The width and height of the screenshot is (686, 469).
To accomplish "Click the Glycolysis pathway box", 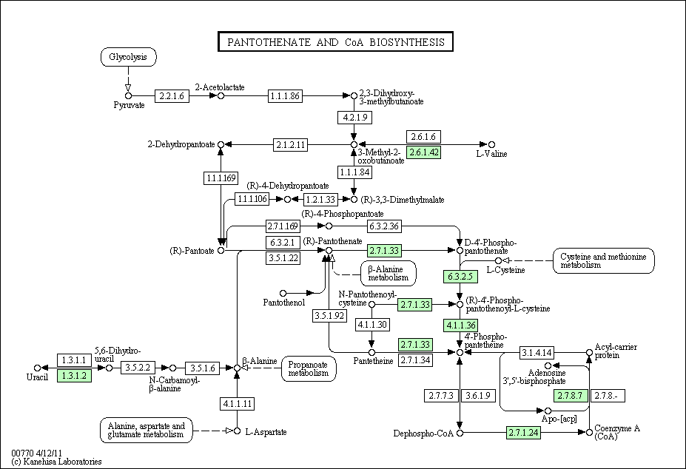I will [128, 57].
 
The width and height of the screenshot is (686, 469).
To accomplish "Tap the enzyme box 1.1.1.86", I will [285, 95].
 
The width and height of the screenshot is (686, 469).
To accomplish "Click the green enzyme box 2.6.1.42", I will [425, 152].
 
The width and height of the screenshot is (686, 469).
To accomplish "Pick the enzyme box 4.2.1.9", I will [354, 118].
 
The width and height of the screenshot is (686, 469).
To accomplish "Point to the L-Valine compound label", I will [490, 154].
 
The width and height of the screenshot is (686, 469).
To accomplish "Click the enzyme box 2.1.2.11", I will [291, 144].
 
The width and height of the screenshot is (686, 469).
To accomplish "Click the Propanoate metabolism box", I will [309, 368].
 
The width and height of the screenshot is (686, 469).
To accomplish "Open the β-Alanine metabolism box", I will [388, 273].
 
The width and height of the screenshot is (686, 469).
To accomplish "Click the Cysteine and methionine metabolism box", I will [603, 260].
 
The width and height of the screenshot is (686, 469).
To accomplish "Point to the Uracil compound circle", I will [36, 368].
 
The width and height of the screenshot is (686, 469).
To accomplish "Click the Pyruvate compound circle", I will [128, 95].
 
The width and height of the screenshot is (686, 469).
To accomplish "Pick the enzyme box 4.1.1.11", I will [237, 403].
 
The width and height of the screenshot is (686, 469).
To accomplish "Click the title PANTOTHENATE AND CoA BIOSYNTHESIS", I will [335, 42].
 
